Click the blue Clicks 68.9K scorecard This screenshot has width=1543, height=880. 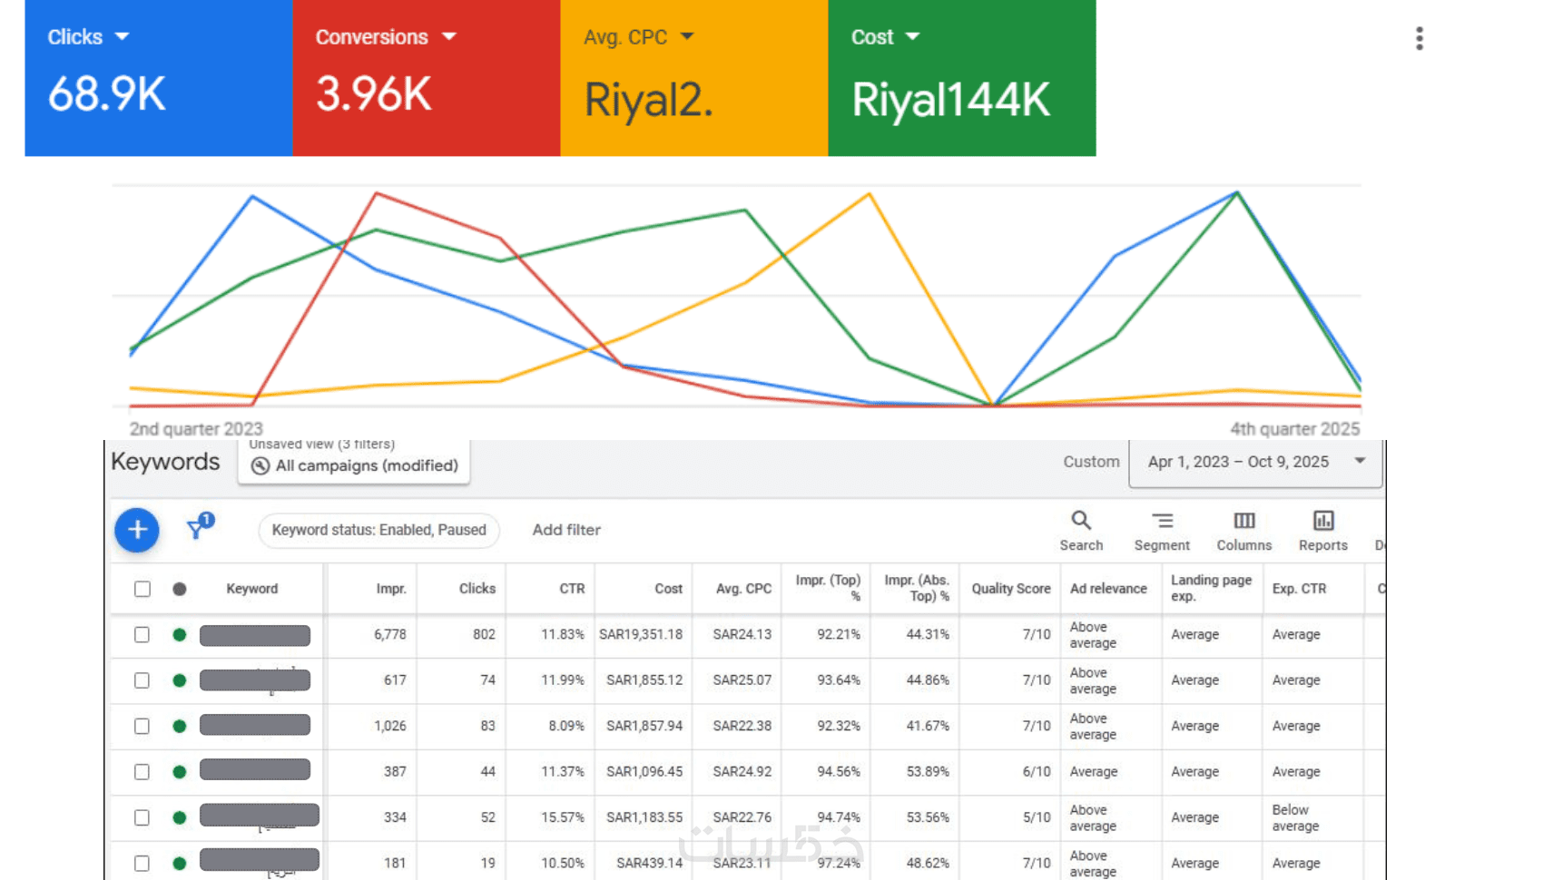158,78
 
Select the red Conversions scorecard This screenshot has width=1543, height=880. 426,78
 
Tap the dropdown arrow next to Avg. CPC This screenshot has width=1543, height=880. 687,36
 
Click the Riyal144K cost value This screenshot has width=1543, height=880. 950,100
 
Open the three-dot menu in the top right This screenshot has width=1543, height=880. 1420,38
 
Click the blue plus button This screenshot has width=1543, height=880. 137,530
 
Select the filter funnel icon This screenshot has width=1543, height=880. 197,528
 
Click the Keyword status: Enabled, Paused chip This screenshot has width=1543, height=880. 378,530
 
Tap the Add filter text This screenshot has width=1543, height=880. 566,530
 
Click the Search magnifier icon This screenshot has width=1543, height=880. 1081,521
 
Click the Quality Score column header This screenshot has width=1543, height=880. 1010,589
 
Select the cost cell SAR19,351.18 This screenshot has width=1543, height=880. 641,634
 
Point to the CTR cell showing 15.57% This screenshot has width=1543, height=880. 563,817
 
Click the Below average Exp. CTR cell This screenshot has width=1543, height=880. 1295,817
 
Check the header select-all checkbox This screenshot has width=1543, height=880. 143,589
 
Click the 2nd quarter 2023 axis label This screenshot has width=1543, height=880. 196,428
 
